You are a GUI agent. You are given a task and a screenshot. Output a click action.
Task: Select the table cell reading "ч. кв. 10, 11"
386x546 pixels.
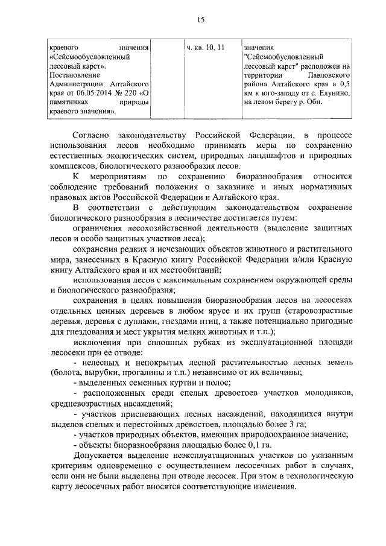click(x=206, y=47)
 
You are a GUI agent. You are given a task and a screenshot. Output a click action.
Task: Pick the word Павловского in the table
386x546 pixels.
click(x=330, y=75)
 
